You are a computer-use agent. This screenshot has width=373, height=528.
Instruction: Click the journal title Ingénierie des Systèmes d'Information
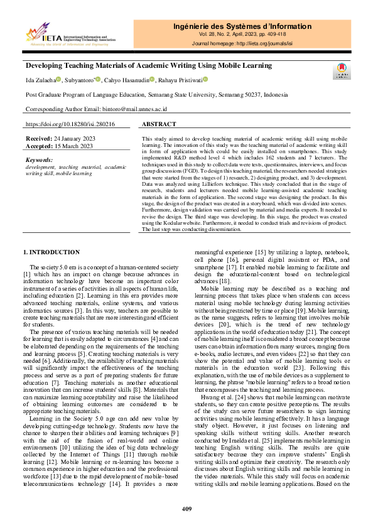(242, 26)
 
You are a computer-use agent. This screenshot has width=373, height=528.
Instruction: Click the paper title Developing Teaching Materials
(148, 65)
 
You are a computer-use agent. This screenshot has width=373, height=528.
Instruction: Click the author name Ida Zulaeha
(40, 80)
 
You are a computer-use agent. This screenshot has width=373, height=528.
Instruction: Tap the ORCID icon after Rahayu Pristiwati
(205, 80)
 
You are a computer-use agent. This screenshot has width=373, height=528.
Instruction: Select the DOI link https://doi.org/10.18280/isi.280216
(70, 124)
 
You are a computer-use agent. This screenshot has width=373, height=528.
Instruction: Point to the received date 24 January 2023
(70, 138)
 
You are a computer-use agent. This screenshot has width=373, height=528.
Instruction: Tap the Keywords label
(40, 160)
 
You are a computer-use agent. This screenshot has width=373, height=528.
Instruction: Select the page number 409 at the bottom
(186, 509)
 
